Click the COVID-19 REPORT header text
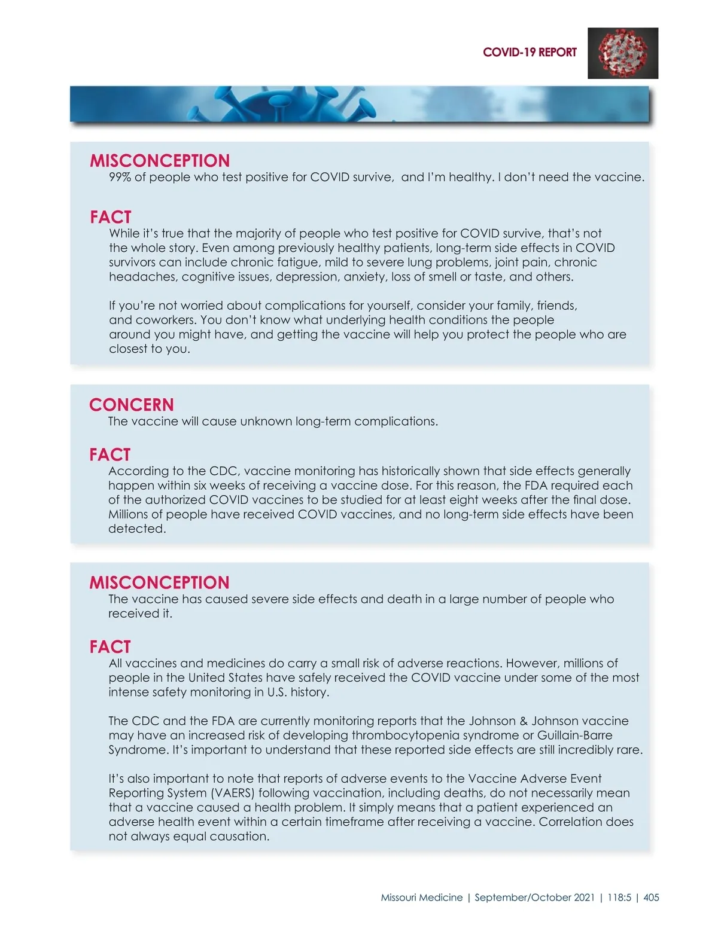point(530,53)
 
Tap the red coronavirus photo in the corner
point(623,53)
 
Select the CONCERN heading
point(132,405)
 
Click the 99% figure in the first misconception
point(120,178)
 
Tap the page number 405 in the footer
point(651,898)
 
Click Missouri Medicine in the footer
point(422,898)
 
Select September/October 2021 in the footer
point(534,898)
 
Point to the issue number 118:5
point(619,898)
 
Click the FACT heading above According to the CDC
point(110,455)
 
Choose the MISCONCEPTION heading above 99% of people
point(160,161)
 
